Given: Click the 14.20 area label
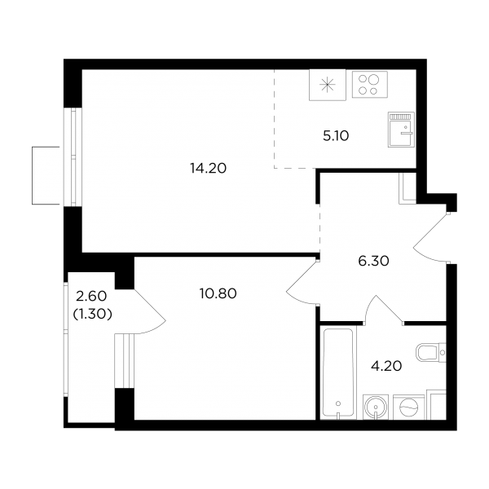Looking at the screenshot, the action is click(209, 169).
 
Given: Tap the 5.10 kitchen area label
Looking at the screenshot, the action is click(336, 136).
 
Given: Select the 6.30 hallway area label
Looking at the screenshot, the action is click(373, 261).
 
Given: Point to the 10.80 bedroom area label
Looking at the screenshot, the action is click(218, 293).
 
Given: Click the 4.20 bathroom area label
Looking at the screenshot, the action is click(386, 366).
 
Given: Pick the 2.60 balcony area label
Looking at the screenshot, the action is click(91, 296).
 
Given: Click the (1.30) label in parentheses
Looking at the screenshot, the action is click(92, 315).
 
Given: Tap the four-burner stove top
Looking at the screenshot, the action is click(370, 85).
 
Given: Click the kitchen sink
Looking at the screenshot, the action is click(401, 130).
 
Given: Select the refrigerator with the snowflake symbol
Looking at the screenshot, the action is click(328, 85).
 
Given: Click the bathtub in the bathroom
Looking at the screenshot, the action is click(338, 372).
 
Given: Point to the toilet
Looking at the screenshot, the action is click(431, 353).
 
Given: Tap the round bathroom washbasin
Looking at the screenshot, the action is click(376, 407).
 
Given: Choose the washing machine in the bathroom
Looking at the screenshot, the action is click(409, 407).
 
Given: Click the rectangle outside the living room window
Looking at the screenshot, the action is click(46, 175).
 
